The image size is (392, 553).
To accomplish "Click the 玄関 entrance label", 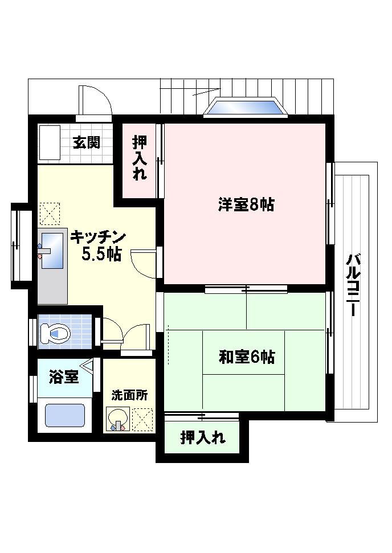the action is pos(87,142).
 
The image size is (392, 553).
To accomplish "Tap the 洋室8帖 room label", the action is pos(246,204).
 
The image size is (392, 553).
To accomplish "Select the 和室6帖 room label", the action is pos(247,357).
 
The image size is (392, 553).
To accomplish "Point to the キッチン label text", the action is pos(98,237).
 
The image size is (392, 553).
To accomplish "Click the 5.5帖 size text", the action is pos(101,254).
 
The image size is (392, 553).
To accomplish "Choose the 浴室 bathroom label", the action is pos(64,378).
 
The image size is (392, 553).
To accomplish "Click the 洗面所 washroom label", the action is pos(129,395).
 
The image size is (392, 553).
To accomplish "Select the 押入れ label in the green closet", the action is pos(203,438).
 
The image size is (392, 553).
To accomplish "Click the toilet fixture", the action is pos(55,333).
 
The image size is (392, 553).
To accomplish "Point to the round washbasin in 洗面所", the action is pos(118,419).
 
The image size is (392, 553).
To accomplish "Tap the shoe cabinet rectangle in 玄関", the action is pos(48,142).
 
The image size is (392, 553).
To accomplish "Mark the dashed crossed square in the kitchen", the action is pos(50,214).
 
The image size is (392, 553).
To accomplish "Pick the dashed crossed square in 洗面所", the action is pos(143,419).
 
